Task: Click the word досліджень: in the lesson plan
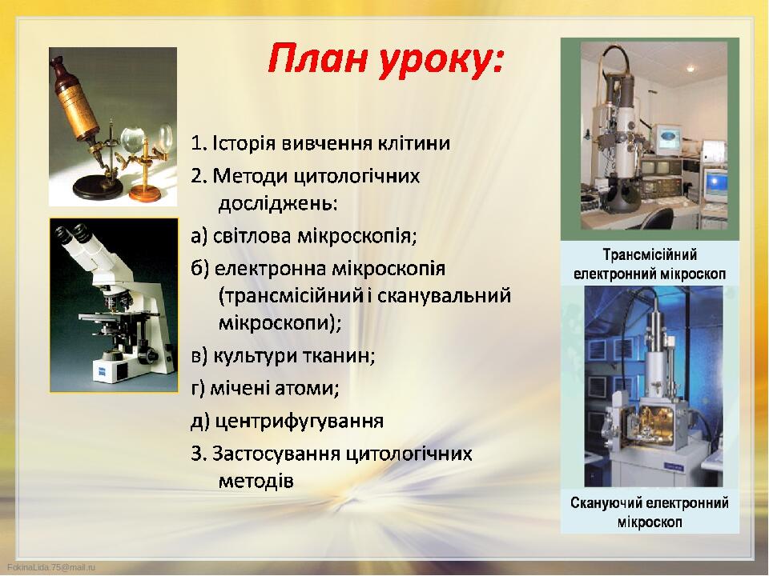click(278, 203)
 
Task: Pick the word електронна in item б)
click(270, 269)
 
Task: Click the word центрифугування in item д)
click(299, 422)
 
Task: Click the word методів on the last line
click(256, 481)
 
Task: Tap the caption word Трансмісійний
click(650, 254)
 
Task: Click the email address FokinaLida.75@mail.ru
click(51, 567)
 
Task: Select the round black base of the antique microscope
click(97, 188)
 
